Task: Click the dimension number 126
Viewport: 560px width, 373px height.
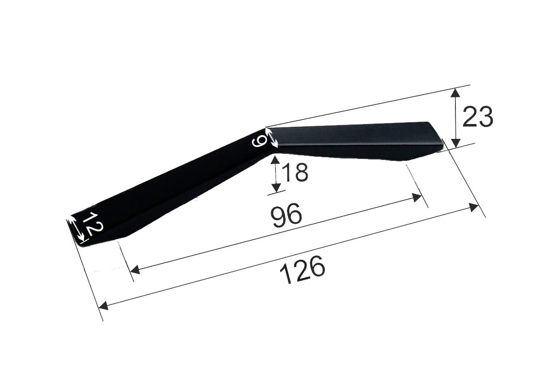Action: [302, 270]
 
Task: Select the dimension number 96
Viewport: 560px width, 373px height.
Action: [287, 215]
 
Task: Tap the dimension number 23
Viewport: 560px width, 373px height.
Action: [477, 117]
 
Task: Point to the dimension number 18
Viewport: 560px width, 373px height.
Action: [295, 172]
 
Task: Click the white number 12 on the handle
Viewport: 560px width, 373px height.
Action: [91, 225]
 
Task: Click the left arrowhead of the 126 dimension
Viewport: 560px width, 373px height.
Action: [104, 305]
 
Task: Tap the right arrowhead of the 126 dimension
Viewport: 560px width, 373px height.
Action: [474, 208]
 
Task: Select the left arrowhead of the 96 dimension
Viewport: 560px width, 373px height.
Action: [135, 269]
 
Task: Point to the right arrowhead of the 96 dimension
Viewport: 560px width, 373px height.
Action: [417, 198]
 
